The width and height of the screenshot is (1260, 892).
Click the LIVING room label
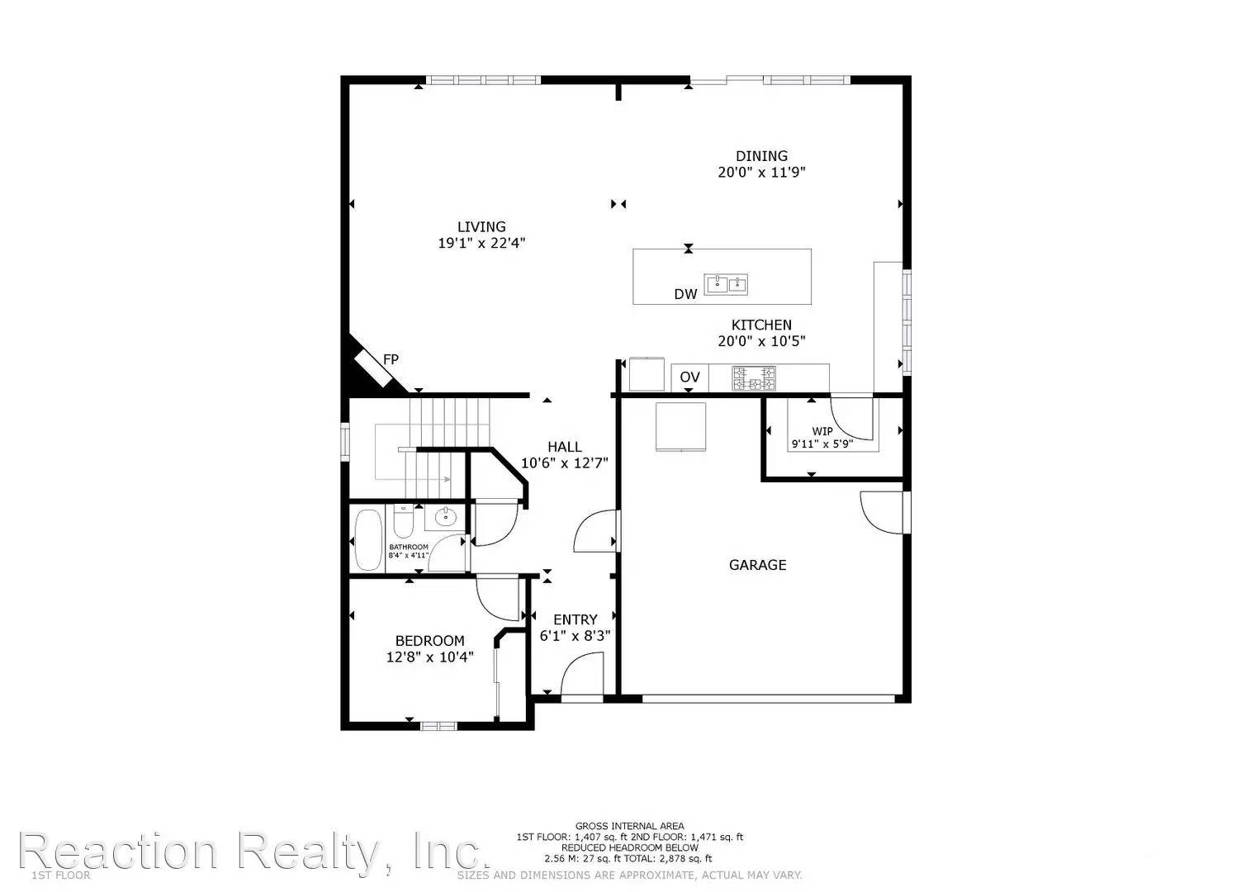[481, 227]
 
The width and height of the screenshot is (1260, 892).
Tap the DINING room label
[761, 156]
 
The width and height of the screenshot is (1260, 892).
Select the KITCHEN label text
[760, 325]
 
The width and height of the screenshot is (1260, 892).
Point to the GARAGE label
[757, 565]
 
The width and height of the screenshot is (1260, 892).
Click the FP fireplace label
[391, 359]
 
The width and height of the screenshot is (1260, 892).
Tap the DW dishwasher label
[685, 293]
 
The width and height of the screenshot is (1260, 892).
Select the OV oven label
[689, 377]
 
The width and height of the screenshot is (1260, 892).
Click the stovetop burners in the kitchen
[755, 379]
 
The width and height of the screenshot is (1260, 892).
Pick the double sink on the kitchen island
[726, 285]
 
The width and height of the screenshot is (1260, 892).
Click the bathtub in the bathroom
[368, 539]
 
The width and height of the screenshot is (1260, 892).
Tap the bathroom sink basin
[445, 517]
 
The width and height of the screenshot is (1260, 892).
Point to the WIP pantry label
[822, 431]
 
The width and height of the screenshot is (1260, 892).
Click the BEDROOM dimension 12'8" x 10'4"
[429, 657]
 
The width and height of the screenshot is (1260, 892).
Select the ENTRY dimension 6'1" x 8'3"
[575, 636]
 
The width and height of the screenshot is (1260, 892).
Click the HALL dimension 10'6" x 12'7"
[564, 463]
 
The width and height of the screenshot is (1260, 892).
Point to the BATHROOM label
[409, 547]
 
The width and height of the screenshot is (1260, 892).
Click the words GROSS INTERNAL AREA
[629, 826]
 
